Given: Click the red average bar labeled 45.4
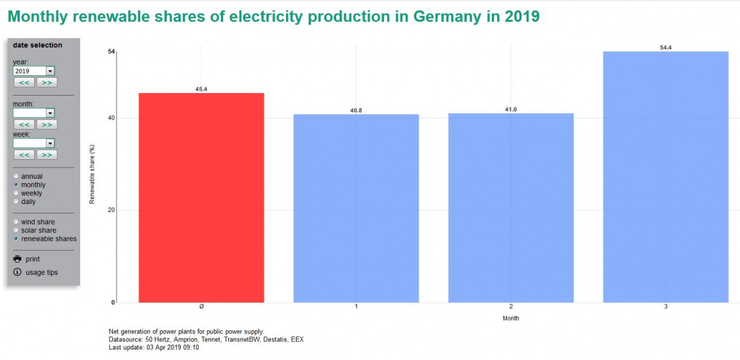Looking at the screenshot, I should (x=201, y=197).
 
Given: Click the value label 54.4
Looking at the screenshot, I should (x=665, y=47).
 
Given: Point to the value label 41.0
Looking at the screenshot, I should (x=511, y=110).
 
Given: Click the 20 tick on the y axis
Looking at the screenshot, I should (x=111, y=210).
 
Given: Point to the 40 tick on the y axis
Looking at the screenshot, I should (x=111, y=118).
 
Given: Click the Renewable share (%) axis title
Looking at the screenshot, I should (x=92, y=174).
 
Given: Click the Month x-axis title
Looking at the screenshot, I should (x=511, y=319).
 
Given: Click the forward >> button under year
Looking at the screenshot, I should (x=47, y=83).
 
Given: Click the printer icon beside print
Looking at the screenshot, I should (x=17, y=259).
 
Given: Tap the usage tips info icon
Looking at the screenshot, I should (x=17, y=272).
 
